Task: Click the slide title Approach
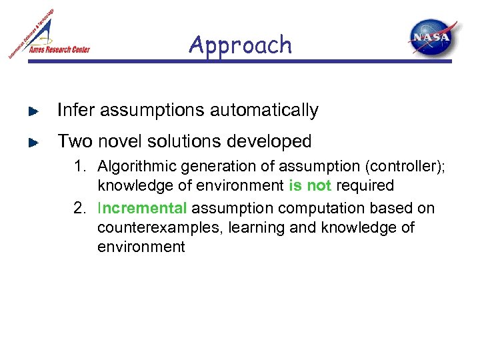coord(240,45)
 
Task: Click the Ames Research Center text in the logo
coord(59,49)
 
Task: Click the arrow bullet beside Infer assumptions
coord(33,111)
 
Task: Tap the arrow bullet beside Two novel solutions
coord(33,142)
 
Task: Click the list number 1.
coord(79,166)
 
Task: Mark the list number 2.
coord(79,209)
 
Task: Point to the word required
coord(365,185)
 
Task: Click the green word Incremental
coord(142,209)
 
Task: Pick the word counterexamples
coord(159,228)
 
